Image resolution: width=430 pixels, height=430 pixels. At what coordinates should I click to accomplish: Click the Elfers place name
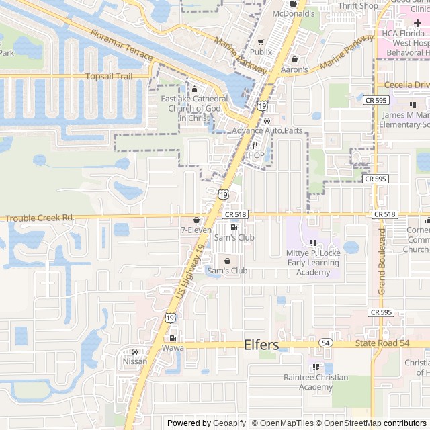pos(261,345)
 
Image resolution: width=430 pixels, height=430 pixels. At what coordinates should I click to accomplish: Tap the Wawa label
pos(173,349)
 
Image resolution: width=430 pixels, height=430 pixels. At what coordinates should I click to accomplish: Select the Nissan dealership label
pos(134,361)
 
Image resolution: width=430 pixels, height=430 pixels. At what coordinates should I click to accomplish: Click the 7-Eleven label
pos(196,230)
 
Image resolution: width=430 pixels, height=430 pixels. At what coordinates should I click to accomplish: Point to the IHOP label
pos(255,155)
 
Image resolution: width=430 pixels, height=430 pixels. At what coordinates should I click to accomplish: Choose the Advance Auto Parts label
pos(267,130)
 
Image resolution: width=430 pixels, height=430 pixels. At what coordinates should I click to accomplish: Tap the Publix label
pos(261,51)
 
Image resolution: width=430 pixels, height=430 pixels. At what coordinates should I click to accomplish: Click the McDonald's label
pos(294,13)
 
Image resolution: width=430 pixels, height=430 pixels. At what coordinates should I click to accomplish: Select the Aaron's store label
pos(294,69)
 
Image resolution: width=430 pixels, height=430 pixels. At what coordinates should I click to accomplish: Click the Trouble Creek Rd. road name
pos(40,218)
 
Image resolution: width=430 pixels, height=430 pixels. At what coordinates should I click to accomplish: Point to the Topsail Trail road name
pos(109,76)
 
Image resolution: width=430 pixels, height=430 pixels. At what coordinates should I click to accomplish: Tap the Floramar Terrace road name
pos(121,48)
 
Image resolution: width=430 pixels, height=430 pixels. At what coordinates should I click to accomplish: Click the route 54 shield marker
pos(326,343)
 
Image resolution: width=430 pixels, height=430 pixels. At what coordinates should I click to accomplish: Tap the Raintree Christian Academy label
pos(316,382)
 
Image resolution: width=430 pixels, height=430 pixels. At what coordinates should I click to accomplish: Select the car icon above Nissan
pos(134,352)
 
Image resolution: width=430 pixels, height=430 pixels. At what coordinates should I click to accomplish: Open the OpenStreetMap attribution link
pos(351,423)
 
